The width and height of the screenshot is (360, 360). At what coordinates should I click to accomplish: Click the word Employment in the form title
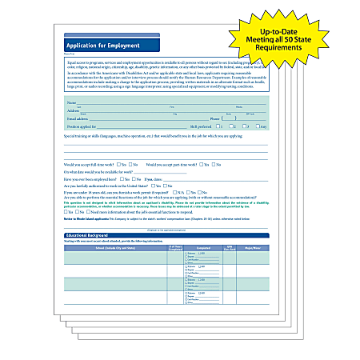117,46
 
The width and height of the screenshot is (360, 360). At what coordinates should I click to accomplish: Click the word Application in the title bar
83,46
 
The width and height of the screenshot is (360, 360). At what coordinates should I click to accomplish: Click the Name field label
71,103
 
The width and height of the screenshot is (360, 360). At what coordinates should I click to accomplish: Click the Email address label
78,118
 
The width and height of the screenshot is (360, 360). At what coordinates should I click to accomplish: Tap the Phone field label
215,118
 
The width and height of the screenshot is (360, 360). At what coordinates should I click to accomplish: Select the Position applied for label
86,126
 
